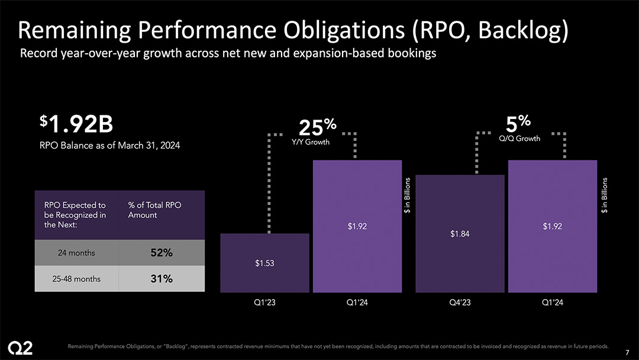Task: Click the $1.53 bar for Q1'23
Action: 264,263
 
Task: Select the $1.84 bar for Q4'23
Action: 460,233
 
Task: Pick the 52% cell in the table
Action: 161,253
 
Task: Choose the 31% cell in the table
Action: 161,279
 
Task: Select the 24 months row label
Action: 76,253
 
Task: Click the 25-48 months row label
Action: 76,279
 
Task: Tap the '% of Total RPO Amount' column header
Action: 154,210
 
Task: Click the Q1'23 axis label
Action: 264,303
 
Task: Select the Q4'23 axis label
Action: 460,303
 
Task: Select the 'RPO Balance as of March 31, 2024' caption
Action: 109,145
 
